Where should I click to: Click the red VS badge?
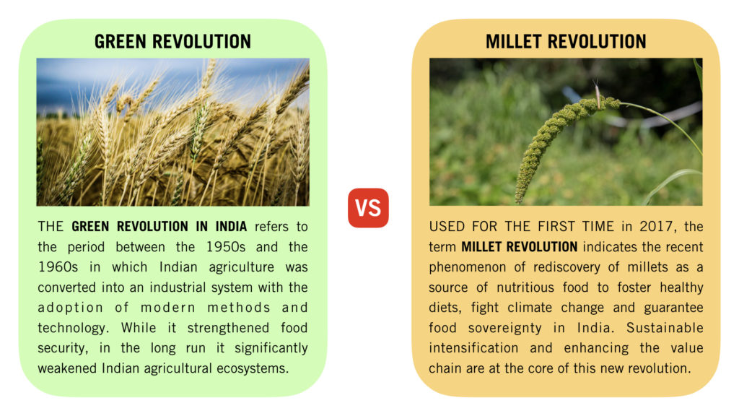coord(368,208)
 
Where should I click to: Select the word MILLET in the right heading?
coord(513,41)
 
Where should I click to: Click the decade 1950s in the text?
coord(226,247)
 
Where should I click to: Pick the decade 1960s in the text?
coord(58,267)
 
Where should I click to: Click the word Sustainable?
coord(665,328)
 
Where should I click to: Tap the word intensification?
coord(473,348)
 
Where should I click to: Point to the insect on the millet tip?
coord(597,93)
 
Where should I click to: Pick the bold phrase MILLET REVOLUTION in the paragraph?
coord(519,247)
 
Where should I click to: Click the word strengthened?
coord(228,329)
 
